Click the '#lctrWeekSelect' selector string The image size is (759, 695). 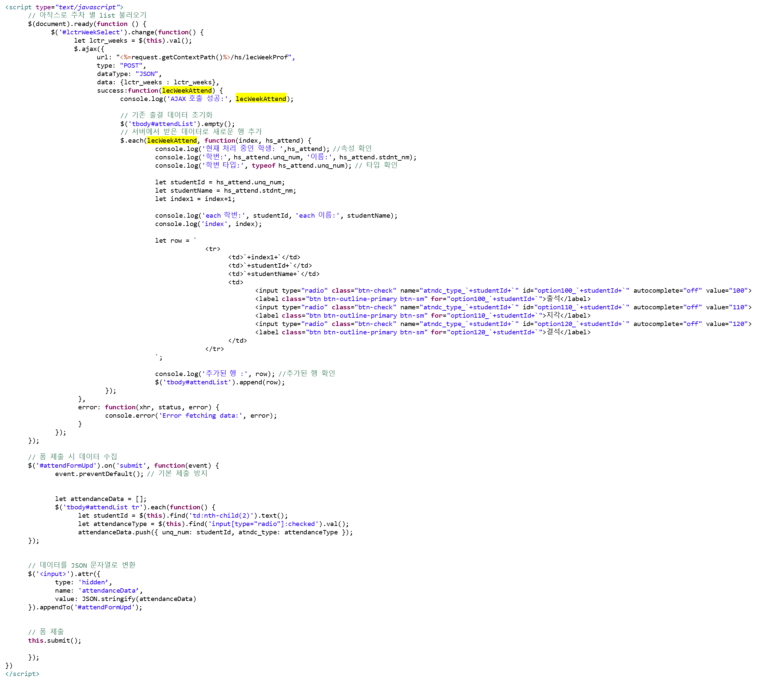91,32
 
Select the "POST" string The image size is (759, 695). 131,66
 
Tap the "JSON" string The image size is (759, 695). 147,74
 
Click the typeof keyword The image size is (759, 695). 264,166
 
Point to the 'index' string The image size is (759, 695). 214,224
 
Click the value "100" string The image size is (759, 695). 738,291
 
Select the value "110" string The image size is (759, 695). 738,307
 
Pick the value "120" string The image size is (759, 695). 738,324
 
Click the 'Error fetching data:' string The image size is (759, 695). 201,416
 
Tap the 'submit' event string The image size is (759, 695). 131,466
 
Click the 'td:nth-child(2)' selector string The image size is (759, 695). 221,516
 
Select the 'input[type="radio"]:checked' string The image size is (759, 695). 263,524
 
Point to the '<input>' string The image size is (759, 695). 53,574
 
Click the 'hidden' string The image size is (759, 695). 93,582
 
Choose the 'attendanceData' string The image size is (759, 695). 108,591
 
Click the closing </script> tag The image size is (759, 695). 22,674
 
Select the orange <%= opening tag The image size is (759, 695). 125,57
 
